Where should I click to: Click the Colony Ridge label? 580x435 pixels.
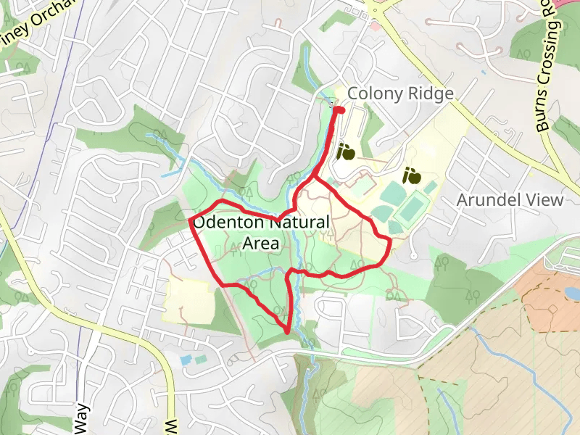click(400, 94)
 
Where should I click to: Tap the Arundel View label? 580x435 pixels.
click(510, 200)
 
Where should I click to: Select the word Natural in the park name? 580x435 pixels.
click(297, 223)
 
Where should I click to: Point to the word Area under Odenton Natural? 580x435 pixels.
click(260, 244)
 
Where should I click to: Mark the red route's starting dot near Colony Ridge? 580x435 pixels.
click(338, 109)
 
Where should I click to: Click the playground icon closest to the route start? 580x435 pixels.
click(345, 152)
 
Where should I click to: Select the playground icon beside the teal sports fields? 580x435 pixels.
click(412, 175)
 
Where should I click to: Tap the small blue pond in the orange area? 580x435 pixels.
click(571, 292)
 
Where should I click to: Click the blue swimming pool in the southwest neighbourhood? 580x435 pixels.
click(186, 360)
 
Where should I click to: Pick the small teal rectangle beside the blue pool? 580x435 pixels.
click(201, 358)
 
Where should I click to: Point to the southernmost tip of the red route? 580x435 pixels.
click(288, 332)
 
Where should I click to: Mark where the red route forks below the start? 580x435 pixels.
click(313, 177)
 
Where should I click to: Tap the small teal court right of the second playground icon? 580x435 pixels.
click(431, 187)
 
